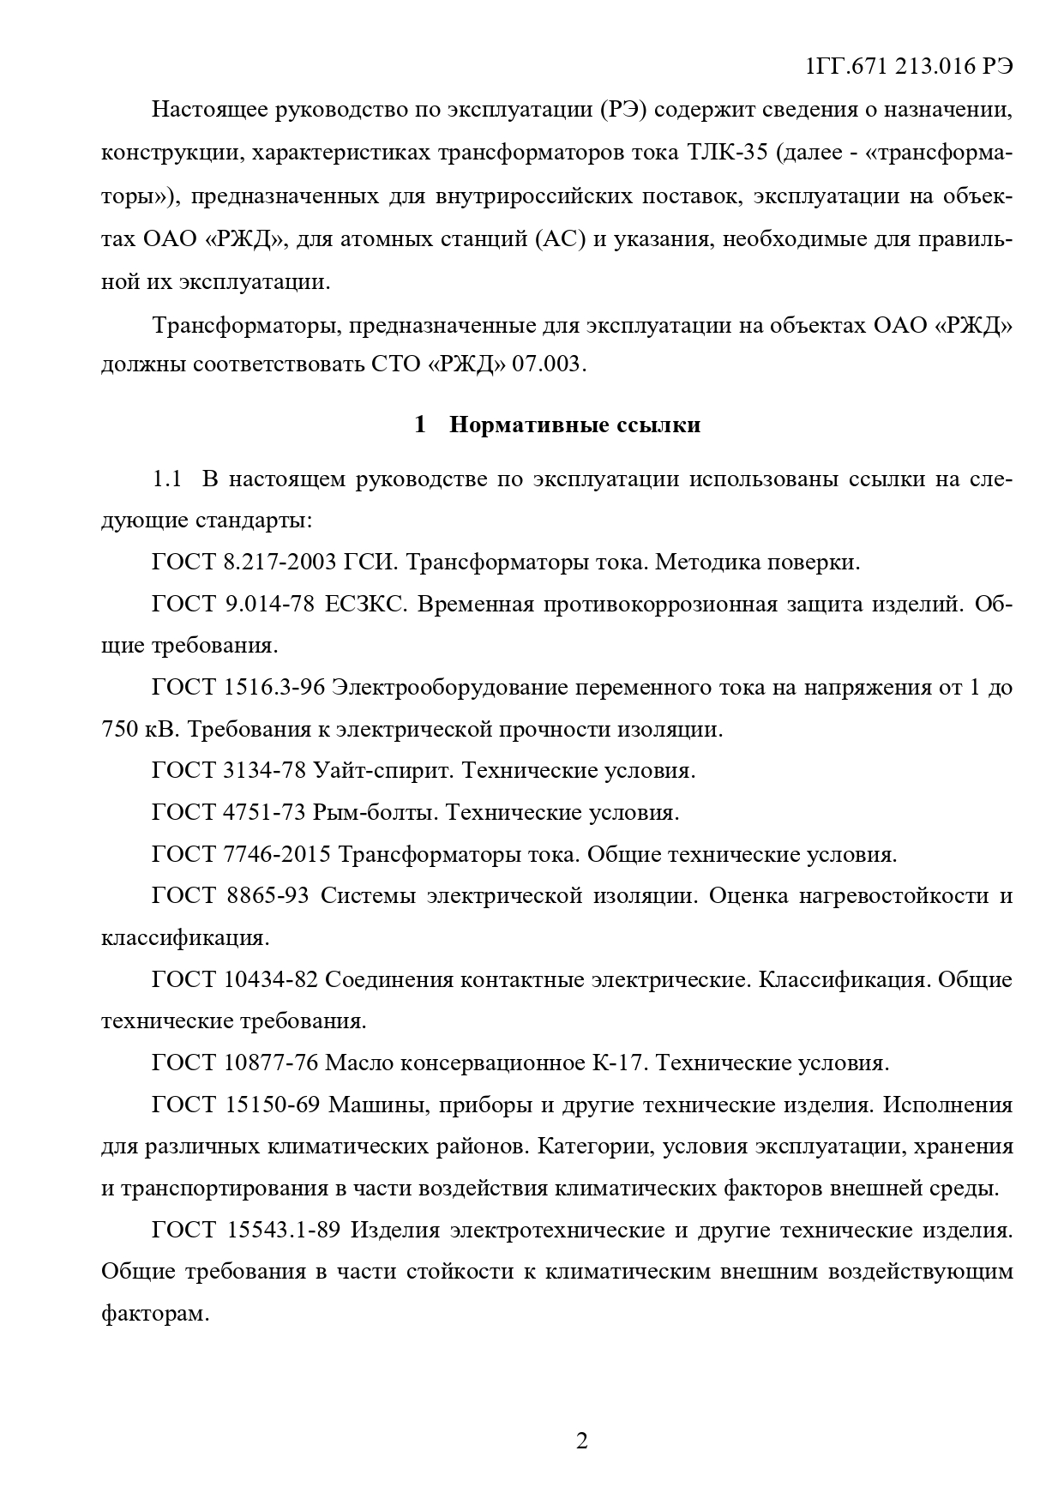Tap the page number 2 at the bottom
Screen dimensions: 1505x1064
[x=582, y=1440]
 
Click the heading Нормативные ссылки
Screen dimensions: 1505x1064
[x=574, y=424]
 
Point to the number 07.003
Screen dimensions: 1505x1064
[x=547, y=364]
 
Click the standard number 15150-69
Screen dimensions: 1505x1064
[x=271, y=1105]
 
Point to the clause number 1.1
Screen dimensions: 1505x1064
[x=166, y=479]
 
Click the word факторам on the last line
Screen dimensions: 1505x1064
[x=155, y=1314]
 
